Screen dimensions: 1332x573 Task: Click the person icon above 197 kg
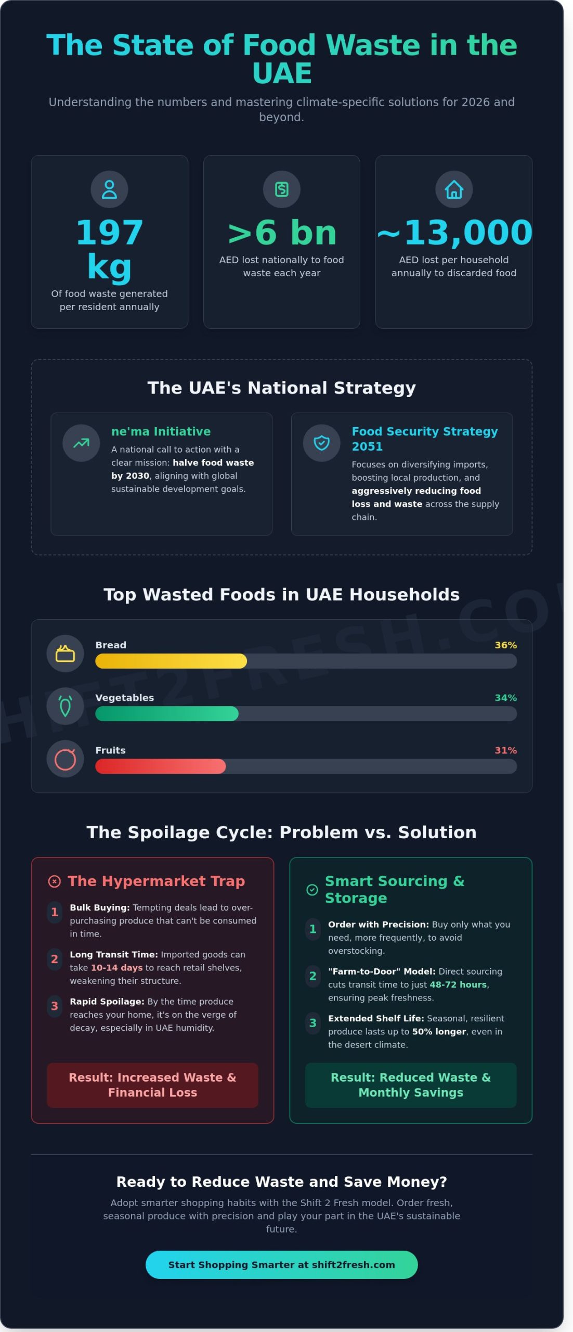tap(109, 189)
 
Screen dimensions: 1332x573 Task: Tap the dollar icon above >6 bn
tap(281, 189)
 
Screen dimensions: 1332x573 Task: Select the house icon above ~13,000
tap(453, 189)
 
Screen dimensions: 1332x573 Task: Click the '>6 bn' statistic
tap(282, 233)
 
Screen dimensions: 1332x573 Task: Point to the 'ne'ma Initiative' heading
tap(161, 431)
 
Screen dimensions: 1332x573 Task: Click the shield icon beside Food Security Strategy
tap(321, 443)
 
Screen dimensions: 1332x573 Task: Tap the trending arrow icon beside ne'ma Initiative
tap(81, 443)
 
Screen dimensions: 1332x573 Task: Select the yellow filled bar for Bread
tap(171, 661)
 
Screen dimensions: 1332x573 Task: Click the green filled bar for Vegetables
tap(166, 713)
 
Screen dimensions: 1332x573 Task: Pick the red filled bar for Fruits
tap(160, 766)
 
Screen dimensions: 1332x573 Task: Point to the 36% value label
tap(505, 645)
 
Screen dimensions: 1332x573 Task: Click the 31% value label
tap(505, 750)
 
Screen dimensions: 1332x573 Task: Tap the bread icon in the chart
tap(65, 654)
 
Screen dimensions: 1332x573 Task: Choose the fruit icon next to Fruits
tap(65, 759)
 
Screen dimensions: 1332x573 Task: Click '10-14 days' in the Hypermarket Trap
tap(116, 968)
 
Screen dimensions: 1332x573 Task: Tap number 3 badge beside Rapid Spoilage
tap(54, 1006)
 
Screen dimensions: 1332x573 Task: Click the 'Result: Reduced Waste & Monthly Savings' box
tap(410, 1085)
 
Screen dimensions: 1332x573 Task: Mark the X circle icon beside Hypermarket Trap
tap(54, 881)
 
